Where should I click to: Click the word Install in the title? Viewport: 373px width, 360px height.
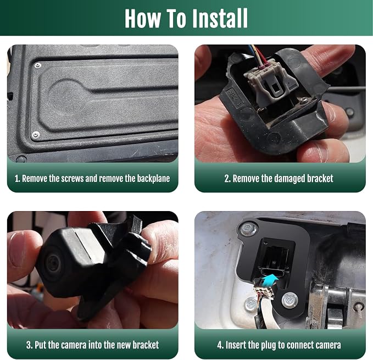(x=220, y=18)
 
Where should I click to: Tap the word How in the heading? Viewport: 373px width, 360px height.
(x=143, y=18)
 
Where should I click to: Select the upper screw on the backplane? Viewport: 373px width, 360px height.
(x=37, y=65)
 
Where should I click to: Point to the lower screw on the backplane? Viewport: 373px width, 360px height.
(x=36, y=135)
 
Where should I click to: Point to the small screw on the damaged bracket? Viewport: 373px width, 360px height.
(x=304, y=100)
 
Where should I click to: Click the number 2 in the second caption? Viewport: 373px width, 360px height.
(x=227, y=179)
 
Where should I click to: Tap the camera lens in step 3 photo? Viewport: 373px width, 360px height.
(x=53, y=263)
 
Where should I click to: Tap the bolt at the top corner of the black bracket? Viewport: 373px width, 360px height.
(x=248, y=229)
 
